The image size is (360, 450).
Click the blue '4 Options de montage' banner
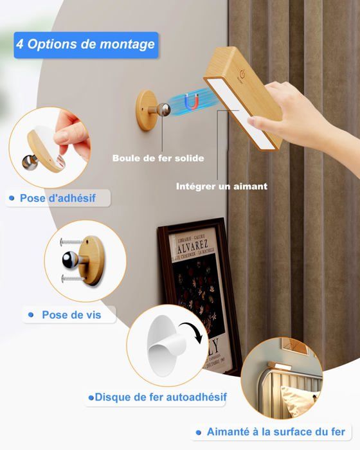(x=85, y=45)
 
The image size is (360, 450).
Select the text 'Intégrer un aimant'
(x=222, y=186)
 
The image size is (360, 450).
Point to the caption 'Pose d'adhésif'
(x=57, y=198)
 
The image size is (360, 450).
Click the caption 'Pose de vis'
(x=70, y=315)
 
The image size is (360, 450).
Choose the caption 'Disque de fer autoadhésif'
(x=161, y=397)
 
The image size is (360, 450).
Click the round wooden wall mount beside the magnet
(x=146, y=111)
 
